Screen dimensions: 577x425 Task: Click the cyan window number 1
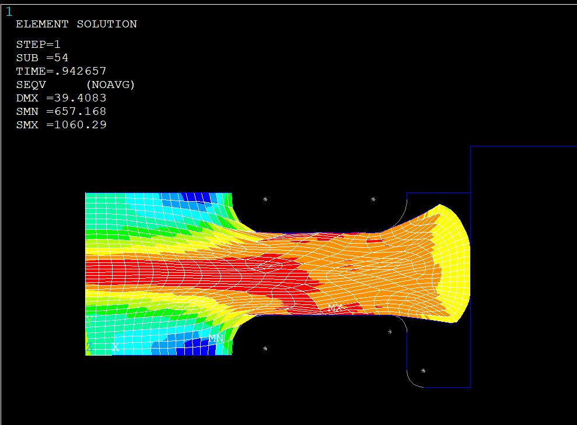(x=9, y=12)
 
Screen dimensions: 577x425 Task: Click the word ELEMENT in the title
(x=43, y=24)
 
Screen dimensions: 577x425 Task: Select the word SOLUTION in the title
(x=107, y=24)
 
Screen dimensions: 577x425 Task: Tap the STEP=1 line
(x=39, y=44)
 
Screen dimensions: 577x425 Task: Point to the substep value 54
(x=61, y=58)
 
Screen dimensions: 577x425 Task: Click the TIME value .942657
(x=81, y=71)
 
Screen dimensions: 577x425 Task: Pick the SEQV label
(x=31, y=85)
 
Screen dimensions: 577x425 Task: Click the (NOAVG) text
(x=111, y=85)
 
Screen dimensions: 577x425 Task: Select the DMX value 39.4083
(x=81, y=98)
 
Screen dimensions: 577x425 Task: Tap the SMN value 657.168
(x=81, y=111)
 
